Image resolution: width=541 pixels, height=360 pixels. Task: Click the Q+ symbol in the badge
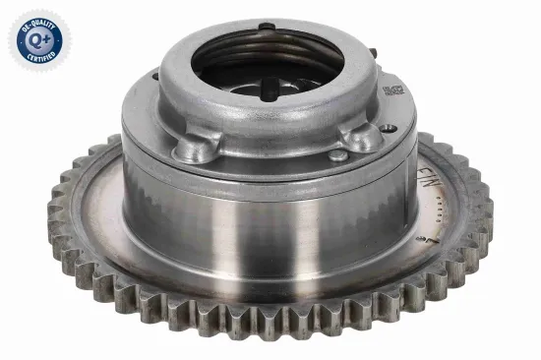(x=34, y=40)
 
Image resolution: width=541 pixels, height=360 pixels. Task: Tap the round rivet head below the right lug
(x=337, y=155)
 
